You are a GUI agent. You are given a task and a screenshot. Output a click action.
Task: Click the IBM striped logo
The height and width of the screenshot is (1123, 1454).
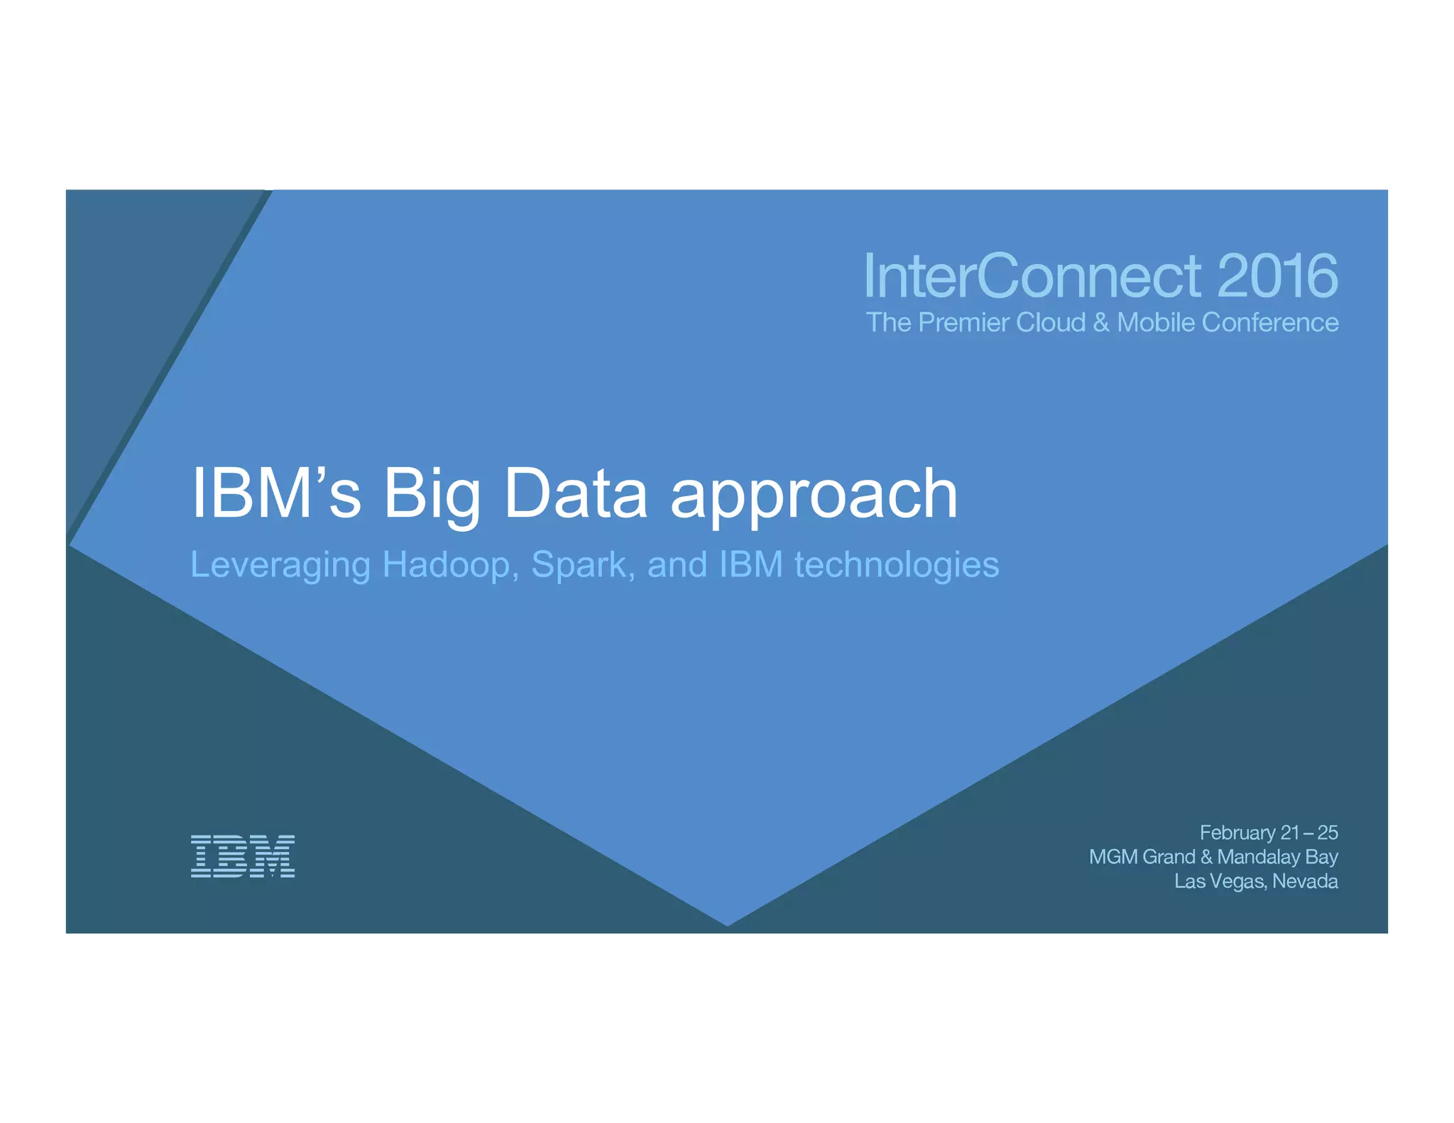(x=242, y=856)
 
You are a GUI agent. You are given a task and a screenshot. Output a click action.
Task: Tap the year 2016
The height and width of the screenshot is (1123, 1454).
(x=1277, y=276)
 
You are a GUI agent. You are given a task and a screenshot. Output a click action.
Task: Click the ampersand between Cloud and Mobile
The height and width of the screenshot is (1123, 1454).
(x=1101, y=323)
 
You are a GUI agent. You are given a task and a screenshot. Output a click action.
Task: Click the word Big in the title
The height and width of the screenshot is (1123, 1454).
(x=432, y=495)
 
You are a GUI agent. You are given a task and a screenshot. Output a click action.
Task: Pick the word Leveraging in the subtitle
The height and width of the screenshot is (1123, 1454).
(x=280, y=566)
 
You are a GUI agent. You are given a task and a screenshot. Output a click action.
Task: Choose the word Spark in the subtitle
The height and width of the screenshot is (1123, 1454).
(x=579, y=566)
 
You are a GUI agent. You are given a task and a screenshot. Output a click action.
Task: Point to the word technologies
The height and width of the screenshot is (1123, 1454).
(x=896, y=566)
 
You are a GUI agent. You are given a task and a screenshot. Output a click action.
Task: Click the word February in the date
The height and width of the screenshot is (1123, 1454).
(x=1237, y=832)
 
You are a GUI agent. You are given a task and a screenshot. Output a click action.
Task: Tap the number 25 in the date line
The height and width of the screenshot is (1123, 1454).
(x=1327, y=832)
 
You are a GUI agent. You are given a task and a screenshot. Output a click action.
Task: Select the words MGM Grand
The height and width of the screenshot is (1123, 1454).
(x=1142, y=857)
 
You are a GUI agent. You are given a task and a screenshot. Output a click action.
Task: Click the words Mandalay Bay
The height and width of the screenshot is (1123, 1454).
(x=1277, y=857)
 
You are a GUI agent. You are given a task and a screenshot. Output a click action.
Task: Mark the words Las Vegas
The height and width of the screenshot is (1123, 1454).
(x=1219, y=882)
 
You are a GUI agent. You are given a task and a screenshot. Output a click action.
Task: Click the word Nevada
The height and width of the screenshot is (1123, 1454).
(x=1305, y=882)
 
